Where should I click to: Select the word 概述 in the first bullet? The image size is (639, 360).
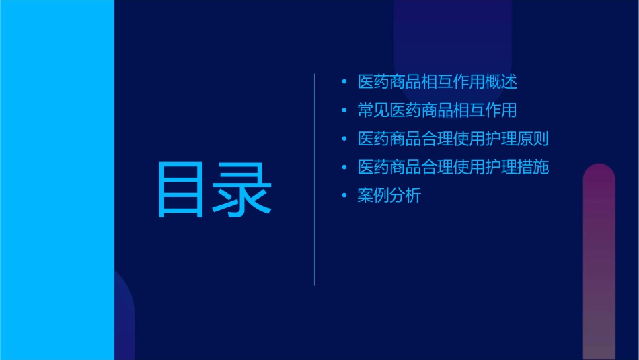501,83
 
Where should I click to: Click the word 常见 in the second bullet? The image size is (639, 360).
374,111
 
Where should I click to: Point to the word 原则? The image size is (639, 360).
533,139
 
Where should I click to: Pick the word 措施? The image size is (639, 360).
533,168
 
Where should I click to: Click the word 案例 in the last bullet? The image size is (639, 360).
374,196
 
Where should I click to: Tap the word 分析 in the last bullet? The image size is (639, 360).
406,196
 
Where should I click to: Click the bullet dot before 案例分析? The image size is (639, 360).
344,196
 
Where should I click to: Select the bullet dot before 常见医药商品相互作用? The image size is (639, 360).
344,111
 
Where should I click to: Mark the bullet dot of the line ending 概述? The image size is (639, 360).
344,83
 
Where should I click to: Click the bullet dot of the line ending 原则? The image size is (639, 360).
344,139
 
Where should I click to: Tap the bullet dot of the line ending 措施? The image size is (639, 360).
344,168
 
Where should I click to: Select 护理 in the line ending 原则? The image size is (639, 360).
501,139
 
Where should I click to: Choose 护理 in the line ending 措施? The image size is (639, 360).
501,168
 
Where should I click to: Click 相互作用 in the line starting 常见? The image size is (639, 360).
485,111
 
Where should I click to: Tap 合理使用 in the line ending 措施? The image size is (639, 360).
453,168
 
